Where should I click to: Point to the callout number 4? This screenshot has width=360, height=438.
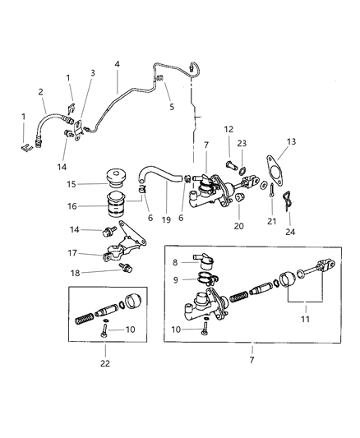pyautogui.click(x=117, y=63)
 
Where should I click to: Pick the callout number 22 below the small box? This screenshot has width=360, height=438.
pyautogui.click(x=104, y=362)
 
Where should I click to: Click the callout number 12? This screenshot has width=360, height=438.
pyautogui.click(x=229, y=129)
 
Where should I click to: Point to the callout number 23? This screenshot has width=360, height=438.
pyautogui.click(x=241, y=143)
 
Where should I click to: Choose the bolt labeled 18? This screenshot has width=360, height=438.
pyautogui.click(x=125, y=268)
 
